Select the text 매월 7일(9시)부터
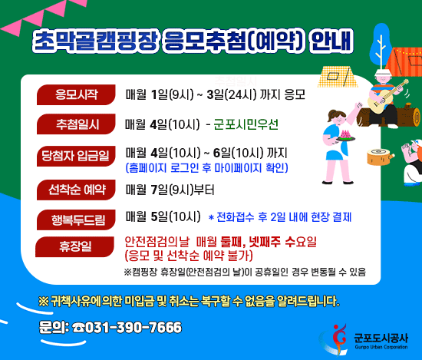[x=170, y=189]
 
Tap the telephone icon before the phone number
[x=79, y=328]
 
